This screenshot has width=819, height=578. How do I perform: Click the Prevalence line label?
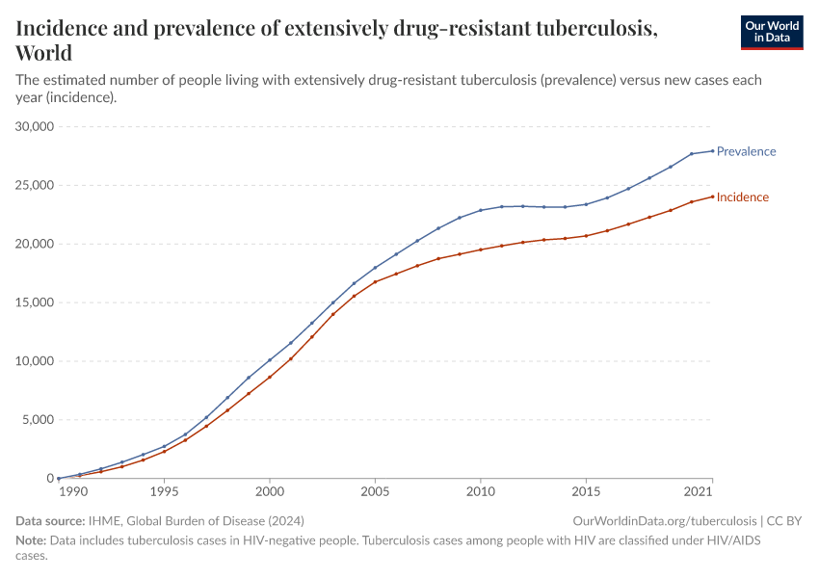point(746,151)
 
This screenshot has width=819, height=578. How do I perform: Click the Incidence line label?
point(742,197)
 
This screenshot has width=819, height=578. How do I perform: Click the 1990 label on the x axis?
point(72,492)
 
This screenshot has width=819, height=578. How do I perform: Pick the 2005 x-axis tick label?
point(375,492)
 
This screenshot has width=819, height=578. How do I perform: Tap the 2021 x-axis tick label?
point(699,492)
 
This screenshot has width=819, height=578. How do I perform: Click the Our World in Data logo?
point(771,32)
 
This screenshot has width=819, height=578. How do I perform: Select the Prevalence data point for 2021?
point(713,150)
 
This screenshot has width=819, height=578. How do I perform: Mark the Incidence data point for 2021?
point(713,197)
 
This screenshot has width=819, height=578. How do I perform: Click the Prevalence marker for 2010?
point(481,210)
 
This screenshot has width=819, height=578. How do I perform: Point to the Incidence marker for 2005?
point(375,281)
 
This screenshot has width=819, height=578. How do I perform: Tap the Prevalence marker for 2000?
point(270,360)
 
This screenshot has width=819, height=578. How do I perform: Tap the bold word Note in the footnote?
point(31,541)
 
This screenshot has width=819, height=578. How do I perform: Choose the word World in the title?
point(43,52)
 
